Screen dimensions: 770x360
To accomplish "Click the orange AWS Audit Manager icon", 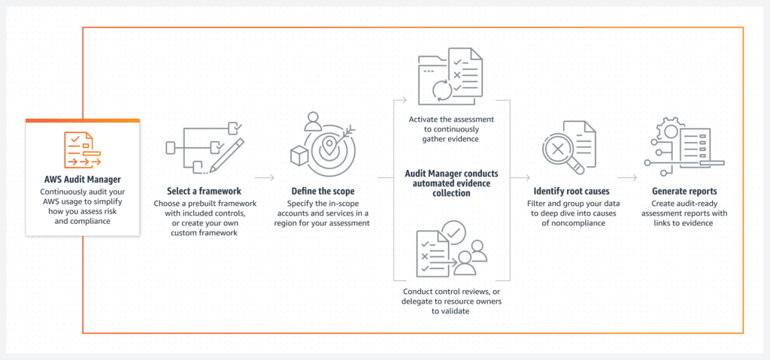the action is pyautogui.click(x=83, y=150).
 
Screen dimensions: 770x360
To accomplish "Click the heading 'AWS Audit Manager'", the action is pyautogui.click(x=83, y=180).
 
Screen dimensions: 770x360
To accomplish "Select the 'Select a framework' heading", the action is pyautogui.click(x=204, y=191).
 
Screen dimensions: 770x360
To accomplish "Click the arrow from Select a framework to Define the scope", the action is pyautogui.click(x=264, y=177).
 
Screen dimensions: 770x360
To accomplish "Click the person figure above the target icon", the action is pyautogui.click(x=312, y=122).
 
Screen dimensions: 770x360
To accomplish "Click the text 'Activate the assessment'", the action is pyautogui.click(x=451, y=119).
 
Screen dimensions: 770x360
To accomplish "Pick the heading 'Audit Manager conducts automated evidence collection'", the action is pyautogui.click(x=451, y=183).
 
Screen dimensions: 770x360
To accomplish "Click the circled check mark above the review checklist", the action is pyautogui.click(x=454, y=231).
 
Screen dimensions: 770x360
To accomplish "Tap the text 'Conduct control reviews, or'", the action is pyautogui.click(x=451, y=292).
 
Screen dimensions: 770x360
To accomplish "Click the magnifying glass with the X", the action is pyautogui.click(x=560, y=152).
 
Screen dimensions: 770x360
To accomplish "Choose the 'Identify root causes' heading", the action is pyautogui.click(x=571, y=191).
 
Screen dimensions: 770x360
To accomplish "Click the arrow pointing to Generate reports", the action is pyautogui.click(x=627, y=177).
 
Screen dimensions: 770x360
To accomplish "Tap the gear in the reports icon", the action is pyautogui.click(x=668, y=131).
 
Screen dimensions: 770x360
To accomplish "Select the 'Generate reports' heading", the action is pyautogui.click(x=684, y=191).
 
